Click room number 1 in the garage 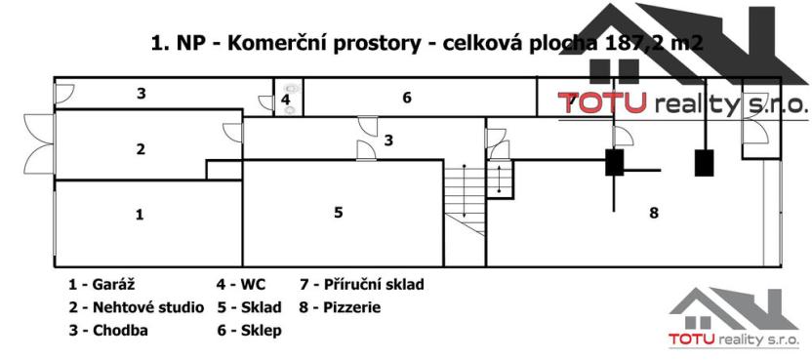coord(140,215)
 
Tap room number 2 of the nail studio coord(141,149)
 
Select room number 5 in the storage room coord(338,212)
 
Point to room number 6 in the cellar coord(407,97)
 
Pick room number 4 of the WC coord(285,100)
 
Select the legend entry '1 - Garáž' coord(101,285)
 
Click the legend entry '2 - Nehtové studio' coord(136,307)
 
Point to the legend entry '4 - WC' coord(240,285)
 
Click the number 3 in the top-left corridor coord(142,94)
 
